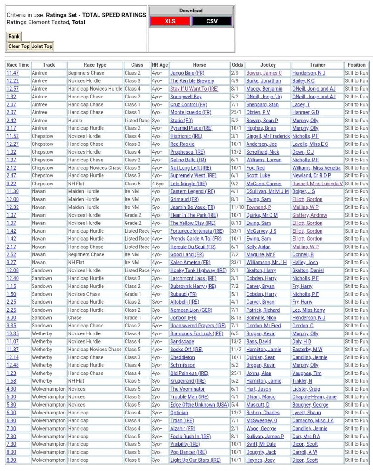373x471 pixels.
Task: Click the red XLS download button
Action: pos(170,21)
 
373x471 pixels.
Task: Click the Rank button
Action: pos(14,37)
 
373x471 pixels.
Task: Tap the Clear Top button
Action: pos(19,46)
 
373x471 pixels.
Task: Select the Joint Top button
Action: pos(42,46)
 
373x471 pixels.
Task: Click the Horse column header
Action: pos(199,65)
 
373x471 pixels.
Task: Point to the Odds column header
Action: pos(237,65)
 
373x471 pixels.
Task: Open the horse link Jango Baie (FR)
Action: pos(187,73)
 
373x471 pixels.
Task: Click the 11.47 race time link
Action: pos(12,73)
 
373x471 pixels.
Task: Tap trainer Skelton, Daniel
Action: pos(308,270)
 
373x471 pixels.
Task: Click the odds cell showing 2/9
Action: pos(235,73)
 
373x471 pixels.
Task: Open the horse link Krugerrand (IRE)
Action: pos(188,381)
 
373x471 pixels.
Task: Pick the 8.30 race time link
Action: pos(11,460)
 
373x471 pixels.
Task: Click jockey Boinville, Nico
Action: pos(261,318)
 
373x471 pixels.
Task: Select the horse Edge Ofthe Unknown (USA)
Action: pos(199,405)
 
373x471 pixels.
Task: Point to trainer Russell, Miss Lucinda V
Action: pos(317,184)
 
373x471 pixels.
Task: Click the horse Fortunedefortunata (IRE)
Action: pos(197,231)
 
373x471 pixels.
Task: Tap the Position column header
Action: pos(356,65)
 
